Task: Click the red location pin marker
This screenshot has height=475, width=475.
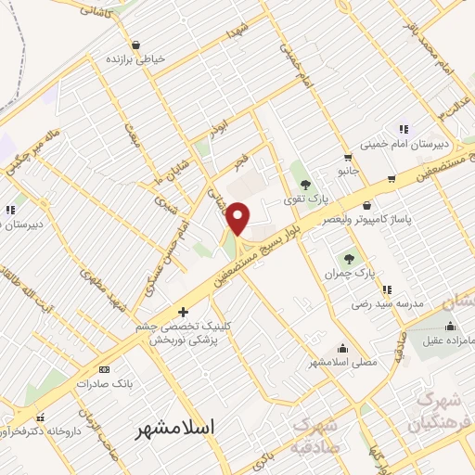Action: [238, 218]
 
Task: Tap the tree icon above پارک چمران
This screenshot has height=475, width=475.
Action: [349, 259]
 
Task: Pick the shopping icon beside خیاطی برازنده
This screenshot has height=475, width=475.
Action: [136, 44]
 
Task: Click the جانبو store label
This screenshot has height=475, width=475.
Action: [347, 172]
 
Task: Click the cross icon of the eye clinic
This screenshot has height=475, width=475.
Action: [183, 312]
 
